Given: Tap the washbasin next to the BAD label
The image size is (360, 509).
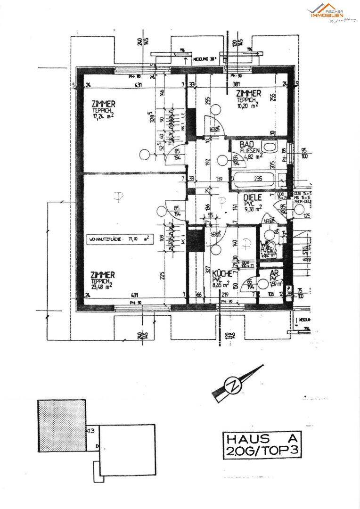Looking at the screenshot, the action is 270,147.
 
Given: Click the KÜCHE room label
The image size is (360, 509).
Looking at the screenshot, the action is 221,274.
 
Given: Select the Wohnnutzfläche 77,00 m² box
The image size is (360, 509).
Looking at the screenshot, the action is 118,240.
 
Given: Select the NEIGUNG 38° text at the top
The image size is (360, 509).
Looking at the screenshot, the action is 206,59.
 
